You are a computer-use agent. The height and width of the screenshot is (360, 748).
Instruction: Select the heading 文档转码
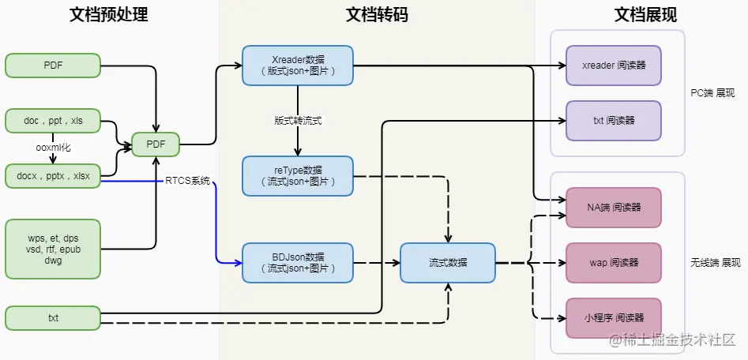(377, 15)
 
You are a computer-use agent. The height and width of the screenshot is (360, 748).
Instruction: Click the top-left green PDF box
(53, 66)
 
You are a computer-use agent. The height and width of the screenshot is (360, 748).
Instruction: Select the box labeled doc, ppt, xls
(53, 122)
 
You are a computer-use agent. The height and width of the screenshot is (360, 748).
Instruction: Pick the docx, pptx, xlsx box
(53, 175)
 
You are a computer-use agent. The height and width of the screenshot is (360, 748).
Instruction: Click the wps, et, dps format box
(53, 249)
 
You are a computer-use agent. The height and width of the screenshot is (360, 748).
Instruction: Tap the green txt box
(53, 318)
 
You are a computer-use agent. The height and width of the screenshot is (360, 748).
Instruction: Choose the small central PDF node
(156, 144)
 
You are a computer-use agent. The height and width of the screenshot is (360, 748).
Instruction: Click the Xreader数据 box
(297, 66)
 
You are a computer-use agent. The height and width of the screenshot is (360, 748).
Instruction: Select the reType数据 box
(297, 175)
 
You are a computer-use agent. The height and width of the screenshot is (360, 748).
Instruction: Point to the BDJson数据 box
(297, 263)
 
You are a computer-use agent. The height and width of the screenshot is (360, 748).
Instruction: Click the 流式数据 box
(448, 263)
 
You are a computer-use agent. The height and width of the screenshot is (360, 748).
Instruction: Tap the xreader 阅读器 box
(613, 66)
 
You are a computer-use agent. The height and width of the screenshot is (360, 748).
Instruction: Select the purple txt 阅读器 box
(613, 121)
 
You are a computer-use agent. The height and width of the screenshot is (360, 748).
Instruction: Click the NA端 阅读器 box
(613, 207)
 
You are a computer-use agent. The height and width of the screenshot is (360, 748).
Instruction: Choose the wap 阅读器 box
(613, 262)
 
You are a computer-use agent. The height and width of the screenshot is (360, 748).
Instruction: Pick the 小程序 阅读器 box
(613, 317)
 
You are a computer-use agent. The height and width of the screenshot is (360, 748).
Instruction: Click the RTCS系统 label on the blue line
(187, 181)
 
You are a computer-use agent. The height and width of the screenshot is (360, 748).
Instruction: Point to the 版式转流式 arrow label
(298, 121)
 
